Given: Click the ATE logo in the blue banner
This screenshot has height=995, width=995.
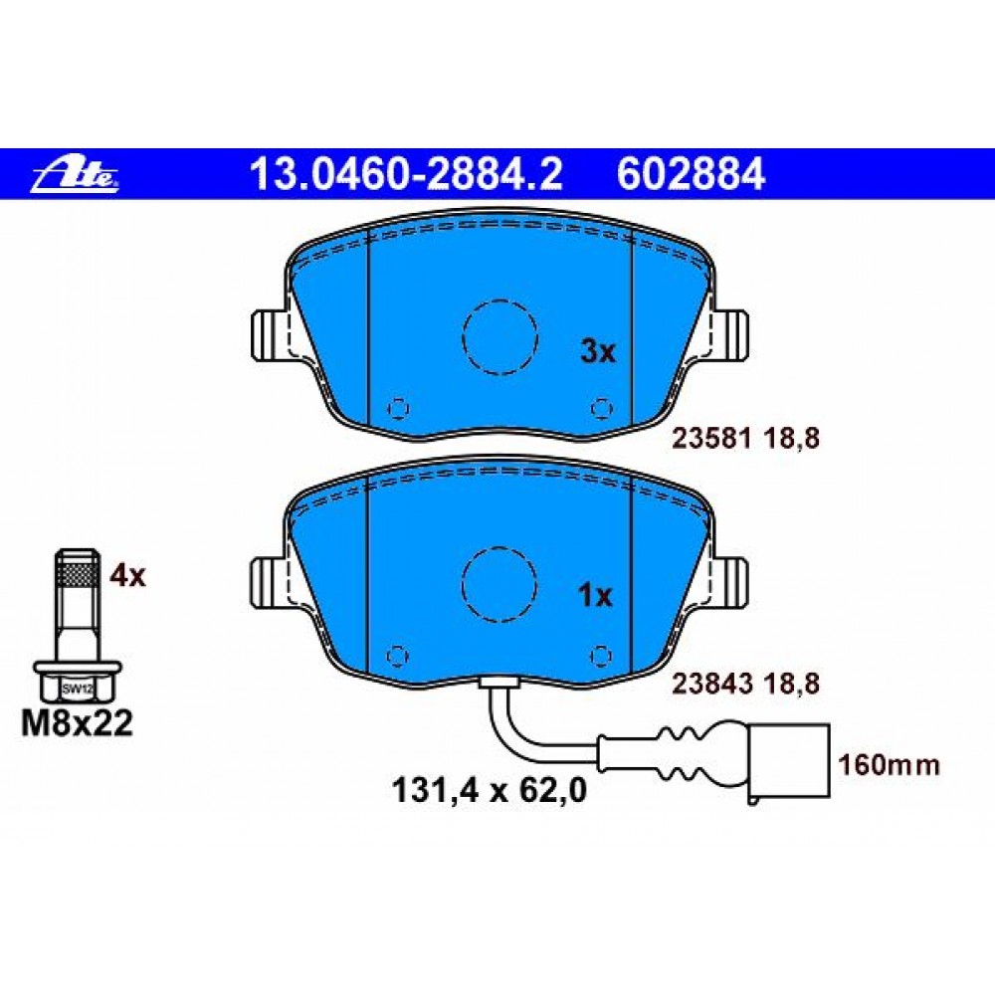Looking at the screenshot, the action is pyautogui.click(x=76, y=176).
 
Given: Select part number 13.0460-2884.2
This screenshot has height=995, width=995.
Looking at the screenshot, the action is pyautogui.click(x=406, y=174).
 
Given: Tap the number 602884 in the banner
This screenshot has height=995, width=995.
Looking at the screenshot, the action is pyautogui.click(x=692, y=174).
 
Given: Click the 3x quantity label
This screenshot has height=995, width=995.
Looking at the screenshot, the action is pyautogui.click(x=598, y=351).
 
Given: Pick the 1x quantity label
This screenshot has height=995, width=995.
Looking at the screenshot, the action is pyautogui.click(x=595, y=595).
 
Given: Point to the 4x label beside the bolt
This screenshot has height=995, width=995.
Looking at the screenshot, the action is pyautogui.click(x=127, y=575).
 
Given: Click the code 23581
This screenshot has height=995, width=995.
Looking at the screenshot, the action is pyautogui.click(x=712, y=439).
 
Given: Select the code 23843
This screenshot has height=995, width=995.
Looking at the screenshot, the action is pyautogui.click(x=712, y=684).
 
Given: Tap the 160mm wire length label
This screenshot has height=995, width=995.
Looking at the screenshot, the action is pyautogui.click(x=889, y=765).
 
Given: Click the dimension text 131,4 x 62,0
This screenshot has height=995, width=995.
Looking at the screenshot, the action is pyautogui.click(x=490, y=791).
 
